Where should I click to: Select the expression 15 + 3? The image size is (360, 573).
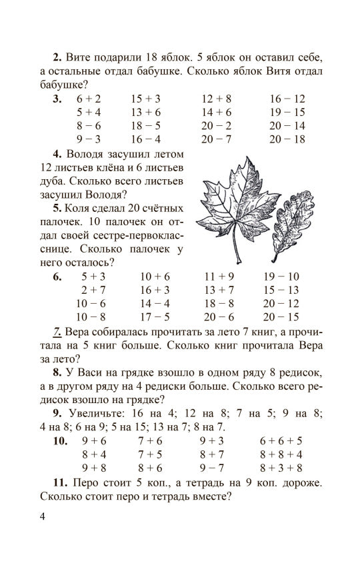tap(146, 99)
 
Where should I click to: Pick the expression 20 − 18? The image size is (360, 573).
tap(287, 139)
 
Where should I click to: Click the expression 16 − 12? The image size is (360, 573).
tap(287, 99)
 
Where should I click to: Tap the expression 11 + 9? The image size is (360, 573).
tap(219, 277)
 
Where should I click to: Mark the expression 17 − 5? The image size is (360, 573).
tap(155, 317)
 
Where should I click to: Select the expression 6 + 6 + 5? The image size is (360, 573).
tap(281, 440)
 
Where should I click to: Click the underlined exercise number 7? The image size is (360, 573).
tap(57, 332)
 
